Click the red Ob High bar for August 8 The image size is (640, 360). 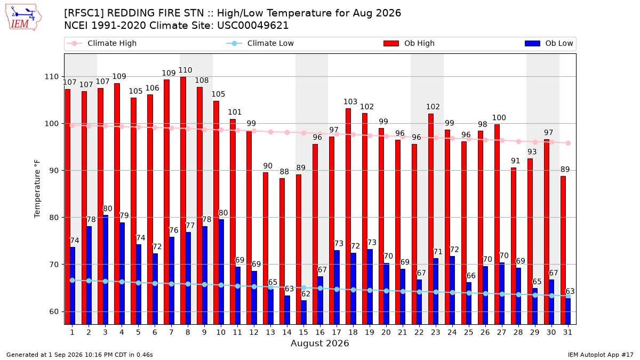183,201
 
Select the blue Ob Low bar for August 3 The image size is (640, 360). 106,270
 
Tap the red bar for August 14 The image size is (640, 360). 282,251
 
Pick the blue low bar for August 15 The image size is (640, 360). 304,313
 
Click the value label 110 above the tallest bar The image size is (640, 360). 185,70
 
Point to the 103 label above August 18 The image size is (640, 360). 350,102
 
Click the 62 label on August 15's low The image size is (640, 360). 306,294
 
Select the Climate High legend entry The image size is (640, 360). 102,43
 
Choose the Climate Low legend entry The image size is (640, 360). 260,43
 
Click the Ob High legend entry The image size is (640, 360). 409,43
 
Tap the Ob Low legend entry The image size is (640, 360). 549,43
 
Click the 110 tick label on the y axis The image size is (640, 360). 51,77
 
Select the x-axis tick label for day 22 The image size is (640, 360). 419,332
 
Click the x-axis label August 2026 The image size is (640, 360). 319,343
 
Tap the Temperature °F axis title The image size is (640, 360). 37,189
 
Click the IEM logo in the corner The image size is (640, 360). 23,18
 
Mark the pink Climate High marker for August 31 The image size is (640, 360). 569,143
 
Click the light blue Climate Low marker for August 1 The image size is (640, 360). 73,281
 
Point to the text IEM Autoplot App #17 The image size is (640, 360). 601,355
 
